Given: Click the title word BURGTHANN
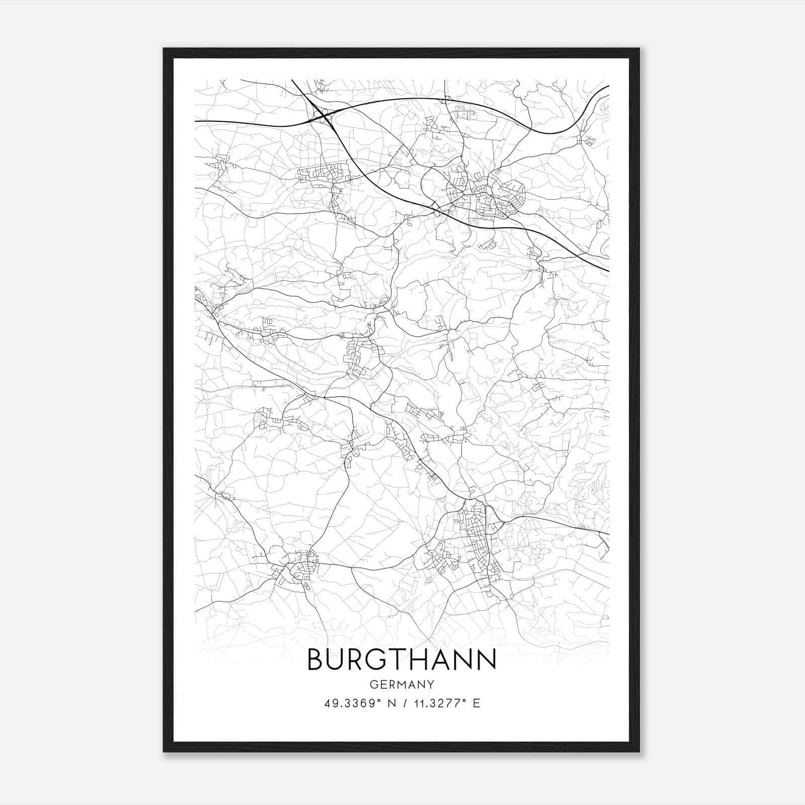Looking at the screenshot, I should point(401,660).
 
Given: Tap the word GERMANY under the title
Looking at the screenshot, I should point(401,684).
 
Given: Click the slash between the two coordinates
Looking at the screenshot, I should point(406,703).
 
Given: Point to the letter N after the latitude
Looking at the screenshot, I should point(394,703).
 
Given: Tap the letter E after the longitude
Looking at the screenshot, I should point(476,703).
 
